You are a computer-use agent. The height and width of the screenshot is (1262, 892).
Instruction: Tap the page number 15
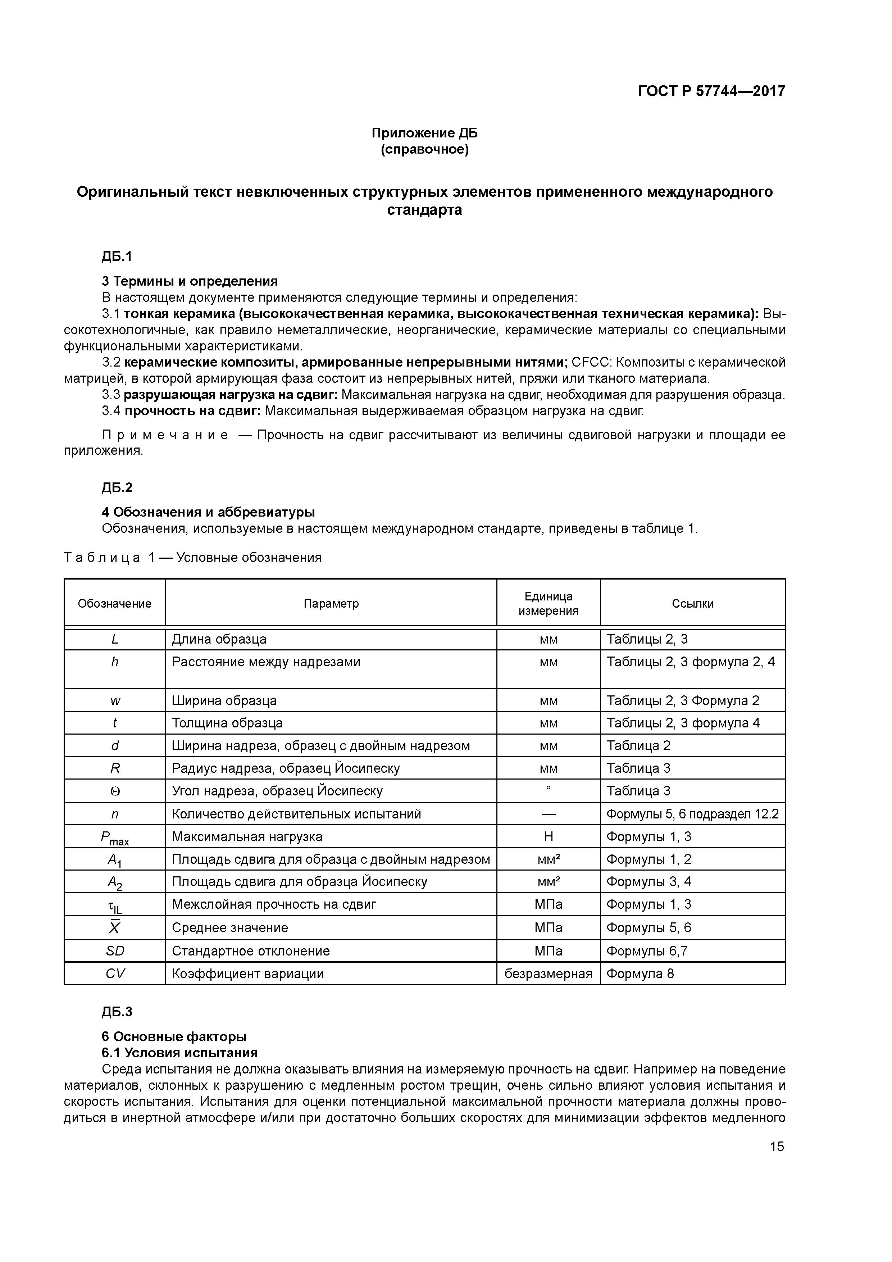tap(777, 1146)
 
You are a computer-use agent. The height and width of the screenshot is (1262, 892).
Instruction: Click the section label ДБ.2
tap(117, 487)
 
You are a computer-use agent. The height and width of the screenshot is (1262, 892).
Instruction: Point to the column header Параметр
tap(331, 604)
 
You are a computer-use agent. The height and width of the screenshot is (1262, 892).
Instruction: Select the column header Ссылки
tap(692, 604)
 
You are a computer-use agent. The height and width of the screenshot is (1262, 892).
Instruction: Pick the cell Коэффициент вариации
tap(247, 973)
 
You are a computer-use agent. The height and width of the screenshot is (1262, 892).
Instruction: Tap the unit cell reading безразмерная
tap(548, 973)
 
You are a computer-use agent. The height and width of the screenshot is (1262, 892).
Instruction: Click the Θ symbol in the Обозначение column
tap(115, 791)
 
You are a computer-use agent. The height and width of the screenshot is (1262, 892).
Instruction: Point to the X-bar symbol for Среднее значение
tap(114, 928)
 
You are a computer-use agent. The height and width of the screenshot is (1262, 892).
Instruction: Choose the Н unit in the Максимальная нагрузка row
tap(548, 836)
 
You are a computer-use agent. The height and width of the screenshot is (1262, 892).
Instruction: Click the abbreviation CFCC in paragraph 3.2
tap(591, 362)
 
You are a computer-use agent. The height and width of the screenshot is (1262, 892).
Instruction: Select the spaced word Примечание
tap(165, 435)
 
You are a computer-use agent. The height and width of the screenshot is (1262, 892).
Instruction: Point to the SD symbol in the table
tap(115, 951)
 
